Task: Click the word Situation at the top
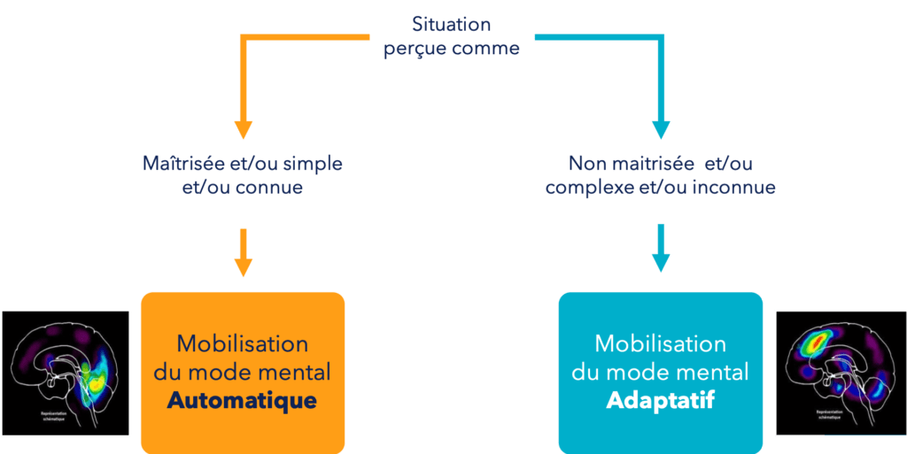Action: pos(451,24)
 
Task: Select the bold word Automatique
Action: pos(242,400)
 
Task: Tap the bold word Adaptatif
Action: pos(660,401)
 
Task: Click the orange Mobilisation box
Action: pos(242,372)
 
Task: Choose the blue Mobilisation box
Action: pos(660,372)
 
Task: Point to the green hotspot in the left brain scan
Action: pos(87,365)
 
